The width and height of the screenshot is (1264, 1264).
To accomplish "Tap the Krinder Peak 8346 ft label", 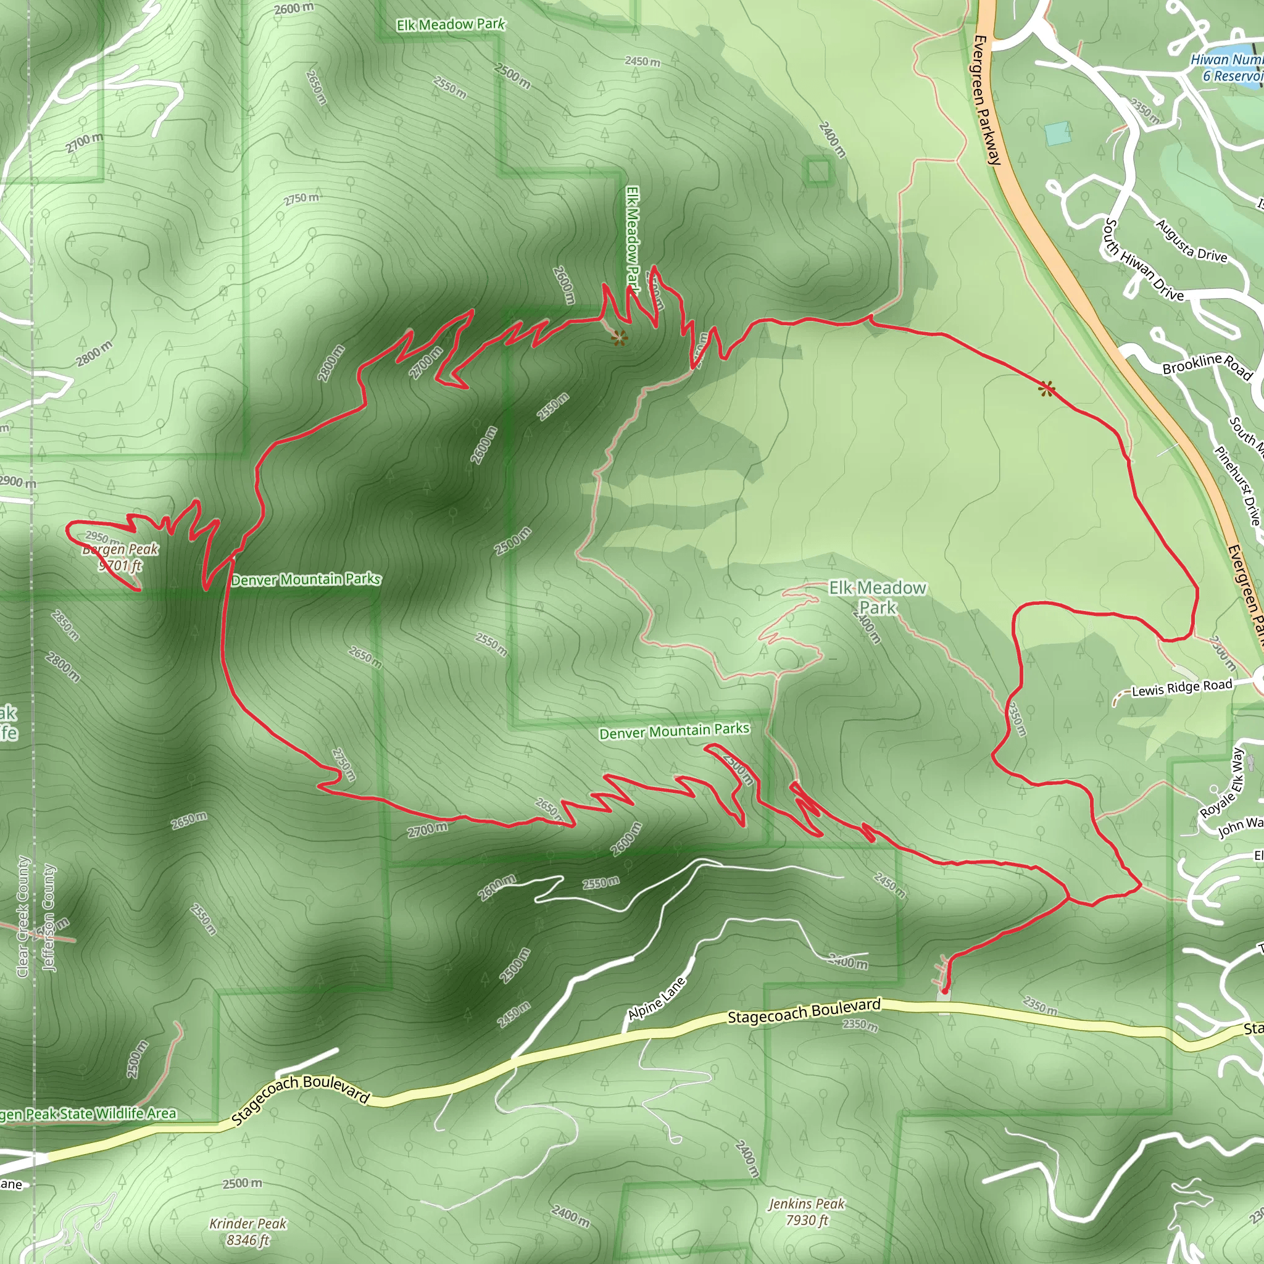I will pos(248,1232).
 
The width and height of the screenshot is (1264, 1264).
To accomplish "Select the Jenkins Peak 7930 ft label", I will pos(807,1212).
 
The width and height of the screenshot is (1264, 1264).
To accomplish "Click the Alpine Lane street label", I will pos(656,998).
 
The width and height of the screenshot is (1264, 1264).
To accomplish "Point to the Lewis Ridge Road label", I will pos(1181,688).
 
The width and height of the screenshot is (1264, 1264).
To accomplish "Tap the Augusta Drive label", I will pos(1191,241).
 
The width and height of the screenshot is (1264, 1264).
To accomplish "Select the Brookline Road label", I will pos(1207,366).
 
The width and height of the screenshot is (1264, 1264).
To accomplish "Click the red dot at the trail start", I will pos(944,991).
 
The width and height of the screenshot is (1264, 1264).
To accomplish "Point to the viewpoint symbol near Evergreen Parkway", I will pos(1046,389).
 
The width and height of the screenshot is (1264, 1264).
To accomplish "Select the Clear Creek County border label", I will pos(23,917).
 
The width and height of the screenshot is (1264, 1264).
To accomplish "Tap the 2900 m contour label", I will pos(18,482).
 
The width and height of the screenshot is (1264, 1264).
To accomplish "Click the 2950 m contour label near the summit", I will pos(102,538).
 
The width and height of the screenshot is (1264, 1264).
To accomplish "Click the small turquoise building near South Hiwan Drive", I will pos(1058,133).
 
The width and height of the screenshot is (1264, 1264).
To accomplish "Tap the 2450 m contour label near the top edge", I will pos(642,62).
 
